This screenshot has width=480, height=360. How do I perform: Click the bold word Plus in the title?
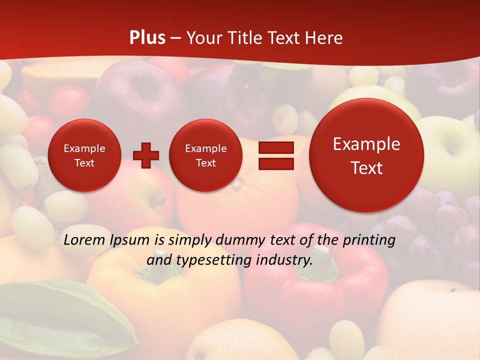147,38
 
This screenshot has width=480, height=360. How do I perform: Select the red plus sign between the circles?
146,155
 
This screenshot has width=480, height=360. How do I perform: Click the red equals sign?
275,155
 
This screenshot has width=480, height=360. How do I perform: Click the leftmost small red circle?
84,155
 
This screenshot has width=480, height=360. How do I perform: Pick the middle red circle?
205,155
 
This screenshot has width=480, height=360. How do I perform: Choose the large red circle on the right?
366,155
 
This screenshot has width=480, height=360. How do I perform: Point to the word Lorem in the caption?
84,240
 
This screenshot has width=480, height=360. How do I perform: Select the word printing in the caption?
368,240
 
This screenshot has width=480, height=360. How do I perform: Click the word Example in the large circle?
366,144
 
